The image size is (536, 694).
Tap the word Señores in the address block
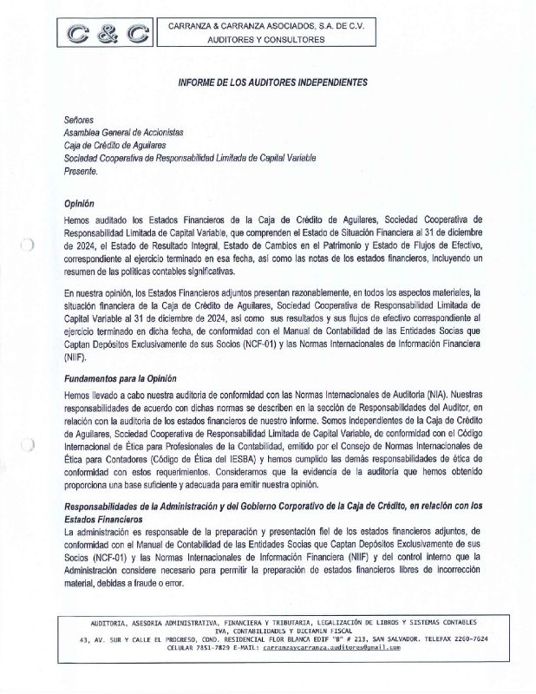(x=79, y=118)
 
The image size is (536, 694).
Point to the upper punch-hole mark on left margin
(x=28, y=246)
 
